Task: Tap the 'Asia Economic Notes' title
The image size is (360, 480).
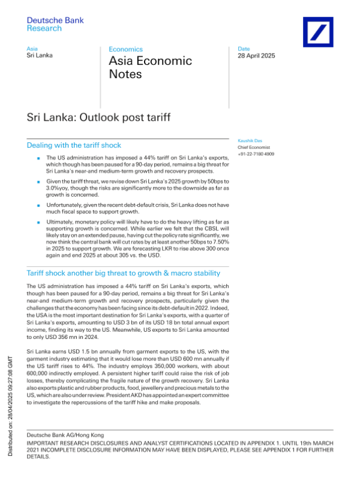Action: coord(150,67)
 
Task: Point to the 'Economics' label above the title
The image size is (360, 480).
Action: coord(125,49)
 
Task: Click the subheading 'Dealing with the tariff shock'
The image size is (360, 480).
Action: coord(74,145)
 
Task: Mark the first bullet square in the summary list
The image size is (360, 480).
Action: coord(38,158)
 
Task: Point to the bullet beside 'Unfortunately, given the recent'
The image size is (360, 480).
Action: coord(38,204)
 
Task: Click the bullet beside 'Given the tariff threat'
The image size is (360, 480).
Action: coord(38,181)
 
